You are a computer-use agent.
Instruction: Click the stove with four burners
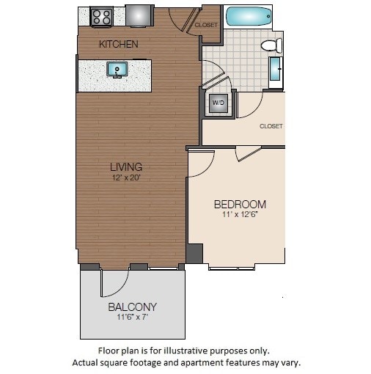[101, 16]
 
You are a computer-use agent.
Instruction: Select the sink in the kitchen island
[117, 70]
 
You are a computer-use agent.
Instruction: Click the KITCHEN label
[119, 45]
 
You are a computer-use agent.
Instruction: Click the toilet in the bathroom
[271, 46]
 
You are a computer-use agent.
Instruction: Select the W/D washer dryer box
[218, 103]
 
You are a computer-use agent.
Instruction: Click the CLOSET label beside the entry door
[206, 25]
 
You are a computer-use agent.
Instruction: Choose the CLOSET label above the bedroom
[271, 126]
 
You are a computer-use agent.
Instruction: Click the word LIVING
[126, 166]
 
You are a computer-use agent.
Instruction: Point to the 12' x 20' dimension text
[126, 177]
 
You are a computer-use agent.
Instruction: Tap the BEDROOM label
[240, 204]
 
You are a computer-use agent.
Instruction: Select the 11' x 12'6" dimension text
[240, 215]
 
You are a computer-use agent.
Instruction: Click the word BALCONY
[133, 307]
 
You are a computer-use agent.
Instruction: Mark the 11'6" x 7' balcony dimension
[133, 318]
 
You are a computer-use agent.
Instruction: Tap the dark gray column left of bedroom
[194, 254]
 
